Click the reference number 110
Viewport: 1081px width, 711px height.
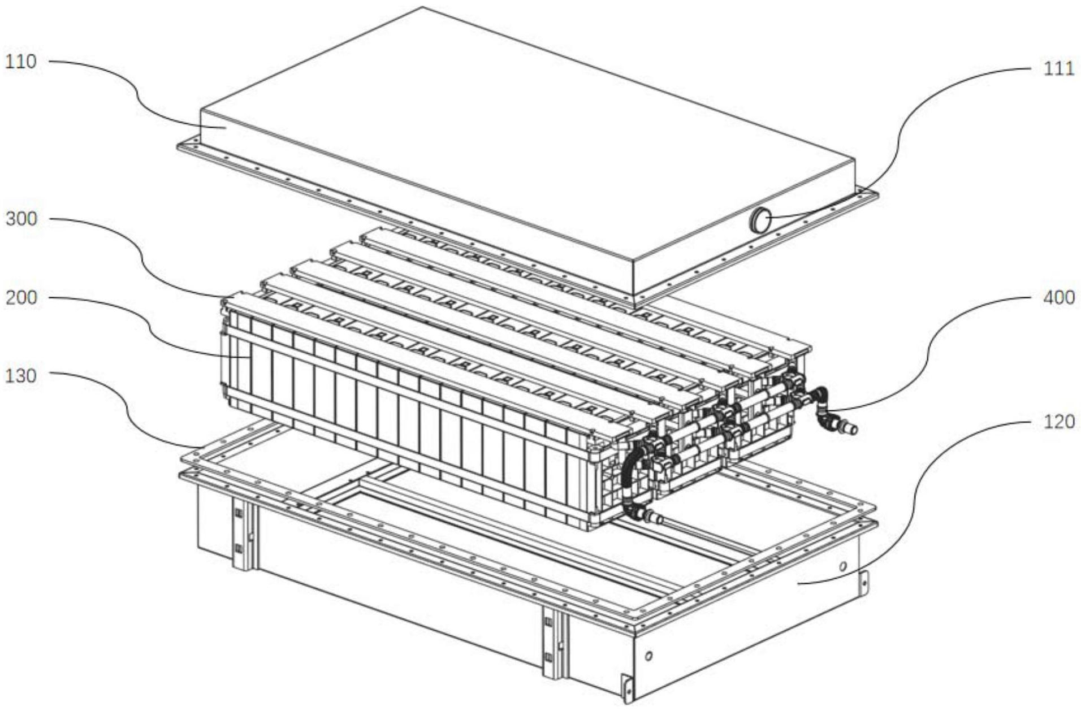[x=21, y=61]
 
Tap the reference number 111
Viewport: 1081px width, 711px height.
[x=1058, y=68]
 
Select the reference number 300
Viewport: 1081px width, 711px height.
[x=21, y=219]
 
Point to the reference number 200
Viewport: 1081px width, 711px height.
[x=21, y=297]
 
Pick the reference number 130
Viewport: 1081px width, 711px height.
[x=21, y=376]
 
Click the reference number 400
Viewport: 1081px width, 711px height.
[x=1058, y=297]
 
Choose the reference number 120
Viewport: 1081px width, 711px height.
[x=1058, y=422]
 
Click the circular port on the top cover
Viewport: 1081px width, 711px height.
[x=760, y=219]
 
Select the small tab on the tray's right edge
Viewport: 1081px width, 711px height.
[x=863, y=583]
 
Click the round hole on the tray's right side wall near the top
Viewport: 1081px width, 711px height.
[x=842, y=566]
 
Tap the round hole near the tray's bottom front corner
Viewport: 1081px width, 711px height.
[x=648, y=656]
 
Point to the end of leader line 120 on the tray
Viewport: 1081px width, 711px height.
[x=798, y=583]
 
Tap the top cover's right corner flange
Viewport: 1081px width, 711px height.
[x=866, y=196]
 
